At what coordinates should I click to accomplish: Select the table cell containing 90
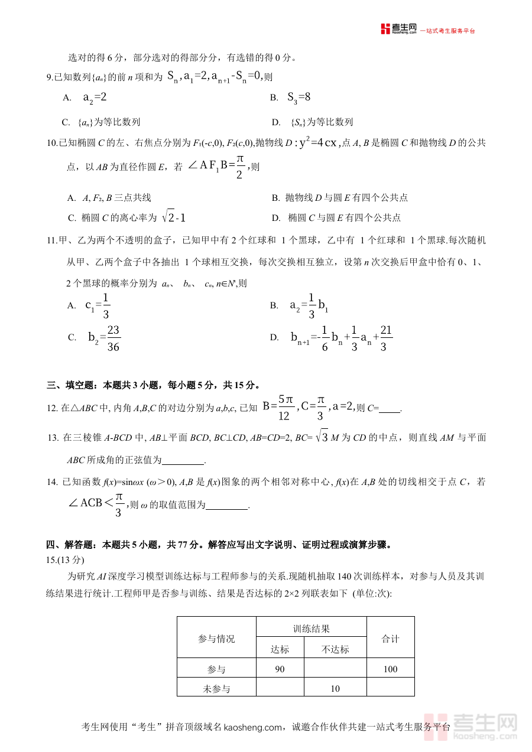tap(280, 669)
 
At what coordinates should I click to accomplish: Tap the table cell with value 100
tap(390, 669)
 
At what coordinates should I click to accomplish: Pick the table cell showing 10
tap(335, 688)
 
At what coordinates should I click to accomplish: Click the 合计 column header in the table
tap(390, 639)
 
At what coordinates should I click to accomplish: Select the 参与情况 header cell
tap(216, 639)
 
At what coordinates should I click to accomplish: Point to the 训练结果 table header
tap(311, 629)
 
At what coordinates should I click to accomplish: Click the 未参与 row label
tap(216, 688)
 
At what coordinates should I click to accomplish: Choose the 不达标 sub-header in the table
tap(335, 649)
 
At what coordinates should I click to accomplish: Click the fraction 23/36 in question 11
tap(113, 338)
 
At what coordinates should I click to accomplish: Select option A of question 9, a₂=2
tap(95, 97)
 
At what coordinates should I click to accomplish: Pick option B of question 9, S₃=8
tap(299, 97)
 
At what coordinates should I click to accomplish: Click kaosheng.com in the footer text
tap(253, 727)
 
